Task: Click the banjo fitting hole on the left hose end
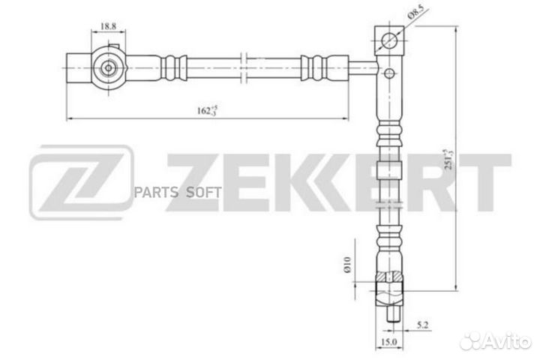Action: click(x=110, y=68)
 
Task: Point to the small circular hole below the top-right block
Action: click(x=388, y=73)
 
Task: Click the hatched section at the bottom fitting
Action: click(x=389, y=280)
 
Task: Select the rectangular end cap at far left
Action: click(x=76, y=68)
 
